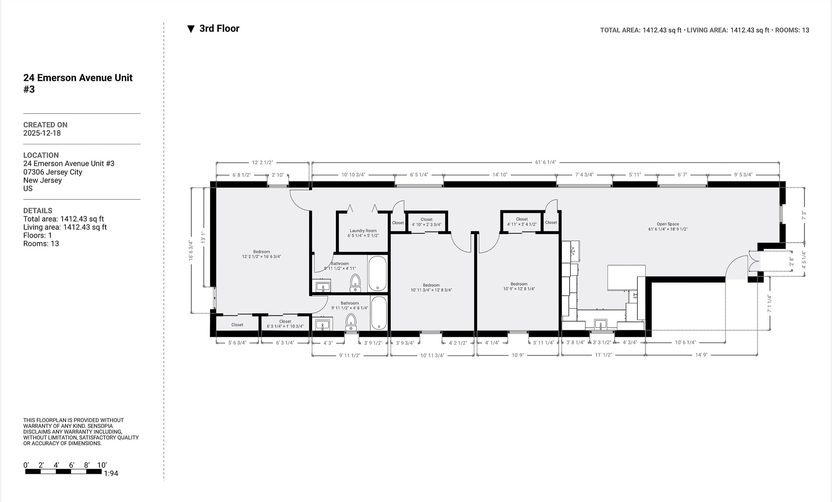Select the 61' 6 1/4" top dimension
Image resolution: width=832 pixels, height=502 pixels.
(545, 162)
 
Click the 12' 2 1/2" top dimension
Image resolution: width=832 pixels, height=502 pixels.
(263, 162)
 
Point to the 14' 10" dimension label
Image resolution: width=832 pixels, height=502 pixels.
(499, 175)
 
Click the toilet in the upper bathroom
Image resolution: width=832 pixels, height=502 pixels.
(355, 282)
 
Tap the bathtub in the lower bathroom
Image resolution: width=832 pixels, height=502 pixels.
(379, 313)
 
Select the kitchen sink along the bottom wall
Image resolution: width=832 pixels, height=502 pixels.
(601, 325)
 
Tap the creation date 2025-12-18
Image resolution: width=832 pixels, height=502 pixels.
(42, 133)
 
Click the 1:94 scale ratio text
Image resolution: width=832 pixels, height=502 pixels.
(111, 473)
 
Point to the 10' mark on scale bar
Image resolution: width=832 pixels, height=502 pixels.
(102, 465)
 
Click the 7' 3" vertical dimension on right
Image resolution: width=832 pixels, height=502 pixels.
(804, 216)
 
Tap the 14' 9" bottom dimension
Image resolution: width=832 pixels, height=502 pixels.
(701, 355)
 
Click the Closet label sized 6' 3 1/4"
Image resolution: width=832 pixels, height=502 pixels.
(285, 324)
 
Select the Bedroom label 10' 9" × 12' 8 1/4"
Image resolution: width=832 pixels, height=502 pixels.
(519, 286)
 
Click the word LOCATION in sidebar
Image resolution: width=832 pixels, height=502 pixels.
(41, 155)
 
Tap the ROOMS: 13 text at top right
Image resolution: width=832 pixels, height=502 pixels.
(792, 30)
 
